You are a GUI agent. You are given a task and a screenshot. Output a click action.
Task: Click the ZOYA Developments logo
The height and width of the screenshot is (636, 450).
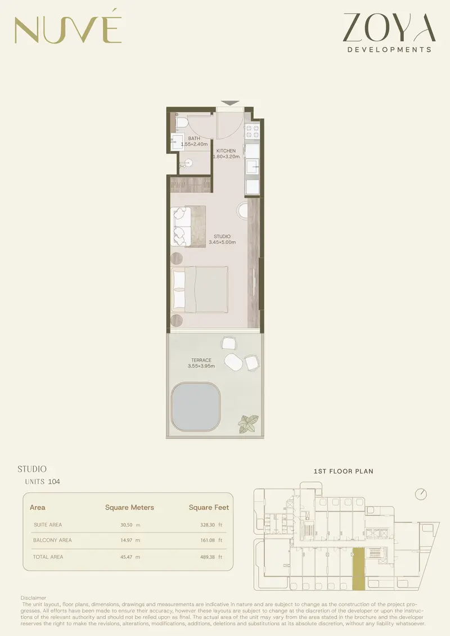click(389, 33)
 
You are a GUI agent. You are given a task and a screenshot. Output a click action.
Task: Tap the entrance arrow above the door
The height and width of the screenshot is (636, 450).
click(230, 103)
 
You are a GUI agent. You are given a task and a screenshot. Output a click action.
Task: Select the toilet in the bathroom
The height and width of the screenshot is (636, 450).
click(181, 122)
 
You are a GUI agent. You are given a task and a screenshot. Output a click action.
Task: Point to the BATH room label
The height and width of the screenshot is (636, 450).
click(194, 138)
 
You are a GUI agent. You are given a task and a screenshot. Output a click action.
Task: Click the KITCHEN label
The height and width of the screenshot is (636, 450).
click(226, 151)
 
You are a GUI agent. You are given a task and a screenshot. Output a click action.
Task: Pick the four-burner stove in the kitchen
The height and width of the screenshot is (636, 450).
click(252, 132)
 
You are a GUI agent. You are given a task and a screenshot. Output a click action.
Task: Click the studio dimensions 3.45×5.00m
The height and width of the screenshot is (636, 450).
click(222, 242)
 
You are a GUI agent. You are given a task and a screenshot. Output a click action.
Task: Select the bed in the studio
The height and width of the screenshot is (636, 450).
click(199, 289)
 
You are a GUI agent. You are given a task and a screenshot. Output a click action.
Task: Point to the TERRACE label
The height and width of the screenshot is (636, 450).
click(201, 360)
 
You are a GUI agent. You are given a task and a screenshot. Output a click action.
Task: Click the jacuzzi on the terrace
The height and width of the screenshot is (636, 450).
click(196, 407)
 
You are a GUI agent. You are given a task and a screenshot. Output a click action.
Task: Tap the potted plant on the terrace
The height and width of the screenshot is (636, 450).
click(248, 424)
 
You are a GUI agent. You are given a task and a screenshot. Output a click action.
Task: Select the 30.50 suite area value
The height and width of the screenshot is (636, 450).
click(126, 525)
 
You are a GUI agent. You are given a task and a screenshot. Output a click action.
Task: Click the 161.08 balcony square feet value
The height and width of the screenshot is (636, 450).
click(208, 540)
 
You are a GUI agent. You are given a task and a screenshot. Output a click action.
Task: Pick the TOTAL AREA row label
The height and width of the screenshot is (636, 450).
click(48, 557)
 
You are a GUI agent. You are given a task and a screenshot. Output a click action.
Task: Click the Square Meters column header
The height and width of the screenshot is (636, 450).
click(129, 507)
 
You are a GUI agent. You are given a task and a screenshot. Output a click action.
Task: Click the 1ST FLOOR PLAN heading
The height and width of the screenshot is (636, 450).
click(343, 471)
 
